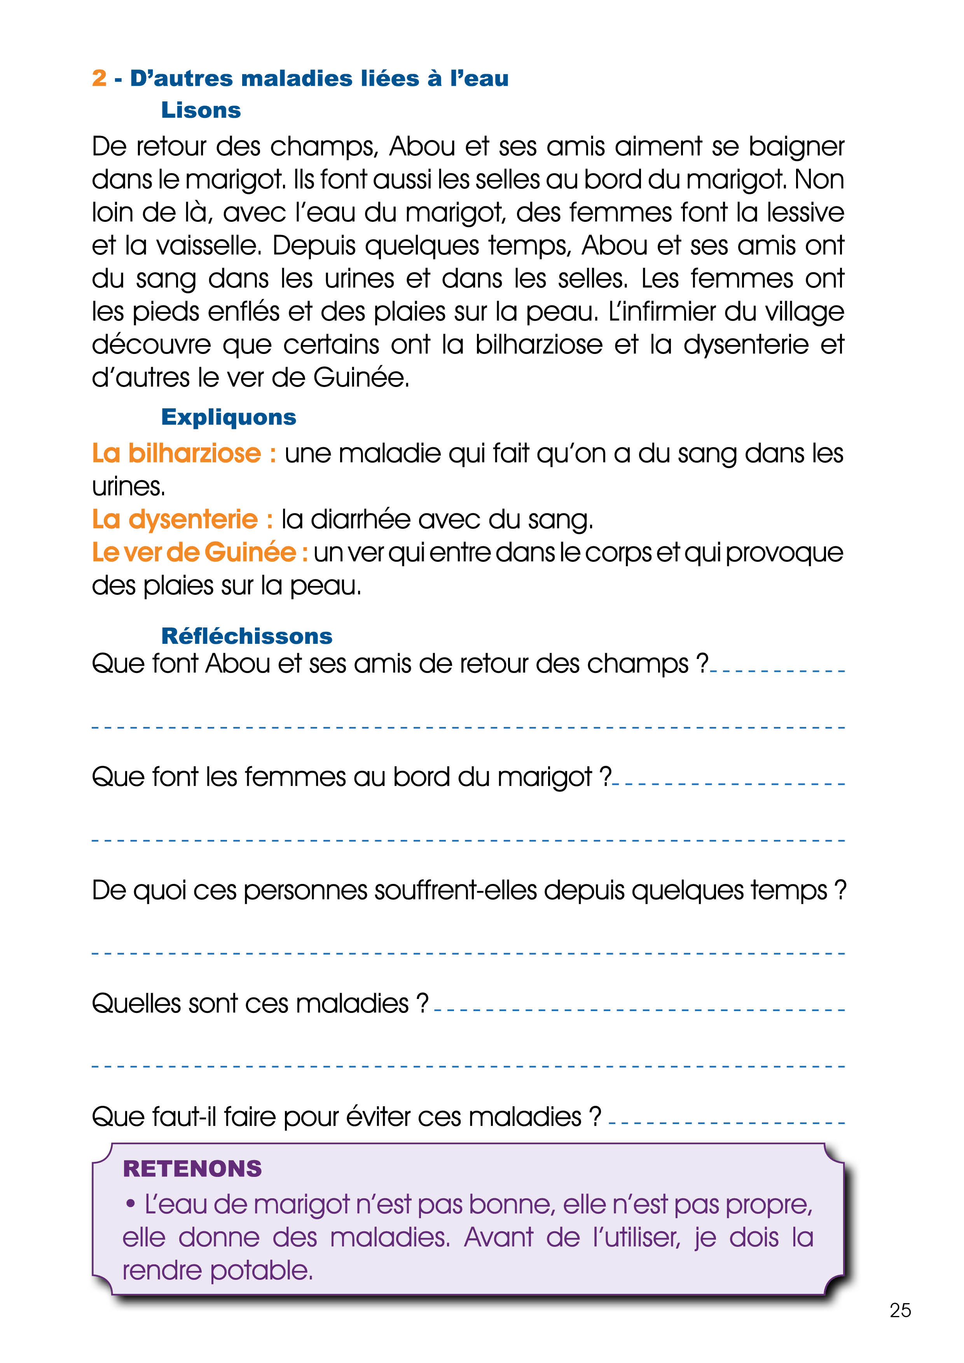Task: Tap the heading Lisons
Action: (201, 110)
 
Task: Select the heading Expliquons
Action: (229, 417)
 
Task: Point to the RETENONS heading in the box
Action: (192, 1168)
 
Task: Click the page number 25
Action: (900, 1310)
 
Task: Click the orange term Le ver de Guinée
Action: (199, 553)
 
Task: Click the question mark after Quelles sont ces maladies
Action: (422, 1003)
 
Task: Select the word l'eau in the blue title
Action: (479, 78)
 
